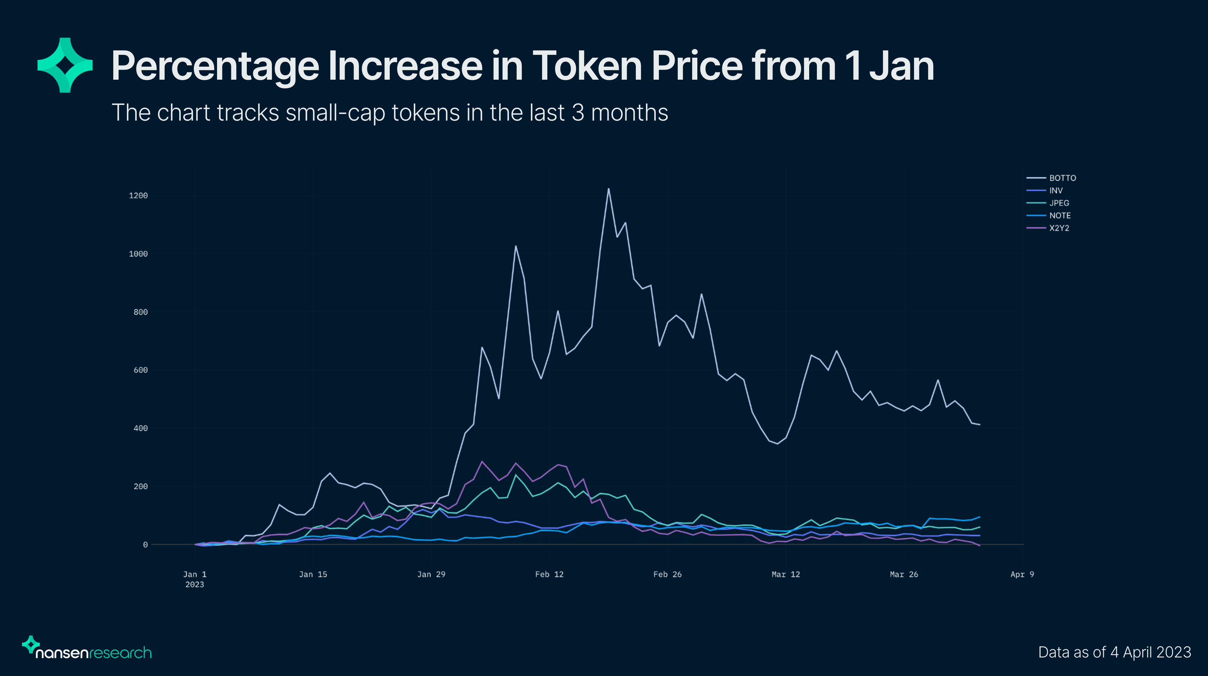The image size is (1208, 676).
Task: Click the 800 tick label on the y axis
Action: [x=140, y=312]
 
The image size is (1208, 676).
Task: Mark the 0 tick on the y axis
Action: [x=145, y=545]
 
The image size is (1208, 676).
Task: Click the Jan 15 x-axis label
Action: [x=313, y=574]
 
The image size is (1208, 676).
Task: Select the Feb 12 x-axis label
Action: [x=549, y=574]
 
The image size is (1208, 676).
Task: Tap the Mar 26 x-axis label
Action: [x=904, y=574]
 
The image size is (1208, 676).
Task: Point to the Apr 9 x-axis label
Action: [x=1022, y=574]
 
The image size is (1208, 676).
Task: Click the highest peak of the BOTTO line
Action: [x=609, y=189]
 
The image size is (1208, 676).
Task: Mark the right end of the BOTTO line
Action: [x=980, y=425]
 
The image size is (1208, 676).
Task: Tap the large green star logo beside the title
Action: [x=65, y=65]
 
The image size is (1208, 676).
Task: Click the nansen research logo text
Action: [x=93, y=653]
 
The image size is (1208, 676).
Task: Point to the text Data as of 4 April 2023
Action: [x=1114, y=652]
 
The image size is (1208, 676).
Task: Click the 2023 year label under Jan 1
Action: [x=195, y=584]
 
